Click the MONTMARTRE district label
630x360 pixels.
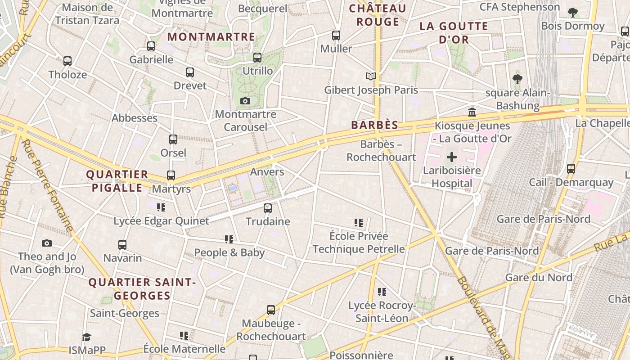click(211, 37)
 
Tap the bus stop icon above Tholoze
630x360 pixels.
click(67, 61)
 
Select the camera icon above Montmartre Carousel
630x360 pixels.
click(245, 101)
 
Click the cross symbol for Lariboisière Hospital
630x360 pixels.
click(451, 157)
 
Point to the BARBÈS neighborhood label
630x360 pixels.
click(375, 125)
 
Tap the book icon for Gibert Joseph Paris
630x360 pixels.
click(370, 76)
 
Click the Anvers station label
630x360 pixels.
click(267, 172)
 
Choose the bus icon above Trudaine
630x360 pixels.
click(268, 208)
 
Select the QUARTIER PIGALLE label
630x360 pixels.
click(117, 181)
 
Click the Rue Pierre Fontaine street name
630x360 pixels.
click(47, 185)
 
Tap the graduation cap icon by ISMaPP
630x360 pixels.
click(86, 337)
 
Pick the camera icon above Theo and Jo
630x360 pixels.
click(47, 243)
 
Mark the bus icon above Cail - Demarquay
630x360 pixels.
click(571, 169)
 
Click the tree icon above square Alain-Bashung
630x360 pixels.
click(517, 80)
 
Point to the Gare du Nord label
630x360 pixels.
click(539, 277)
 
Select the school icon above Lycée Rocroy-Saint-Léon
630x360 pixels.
click(382, 292)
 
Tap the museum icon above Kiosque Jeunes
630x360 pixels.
click(472, 112)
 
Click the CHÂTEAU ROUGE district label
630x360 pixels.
click(378, 15)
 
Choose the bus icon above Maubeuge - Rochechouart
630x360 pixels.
click(270, 310)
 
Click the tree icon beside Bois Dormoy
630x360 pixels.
click(572, 13)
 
